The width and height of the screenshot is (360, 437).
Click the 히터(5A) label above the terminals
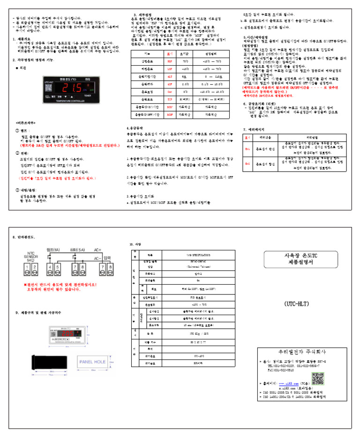click(77, 249)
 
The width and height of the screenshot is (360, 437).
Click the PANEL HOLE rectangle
click(93, 362)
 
